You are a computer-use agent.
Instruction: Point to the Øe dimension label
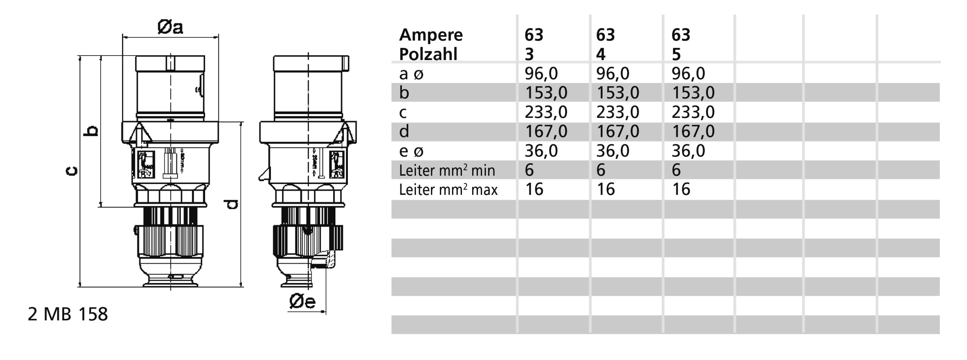(x=302, y=301)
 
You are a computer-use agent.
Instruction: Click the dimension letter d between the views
(x=232, y=204)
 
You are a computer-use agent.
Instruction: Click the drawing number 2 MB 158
(x=68, y=314)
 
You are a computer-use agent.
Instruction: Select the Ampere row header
(x=431, y=35)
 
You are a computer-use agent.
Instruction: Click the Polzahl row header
(x=428, y=54)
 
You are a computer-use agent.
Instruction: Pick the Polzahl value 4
(x=601, y=54)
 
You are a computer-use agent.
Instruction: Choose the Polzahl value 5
(x=676, y=54)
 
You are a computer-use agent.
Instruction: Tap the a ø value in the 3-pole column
(x=541, y=74)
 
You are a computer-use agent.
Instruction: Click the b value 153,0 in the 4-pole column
(x=618, y=93)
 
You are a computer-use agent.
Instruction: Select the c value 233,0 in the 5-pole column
(x=693, y=112)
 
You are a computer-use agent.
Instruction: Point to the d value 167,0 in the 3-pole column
(x=546, y=131)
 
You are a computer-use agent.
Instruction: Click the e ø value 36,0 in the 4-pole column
(x=613, y=151)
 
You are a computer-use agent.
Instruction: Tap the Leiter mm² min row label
(x=447, y=170)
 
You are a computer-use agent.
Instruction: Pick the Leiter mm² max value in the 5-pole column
(x=681, y=189)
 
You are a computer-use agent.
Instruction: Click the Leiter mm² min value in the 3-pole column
(x=529, y=170)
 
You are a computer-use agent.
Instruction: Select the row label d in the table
(x=404, y=131)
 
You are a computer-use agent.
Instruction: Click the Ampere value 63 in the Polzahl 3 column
(x=534, y=35)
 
